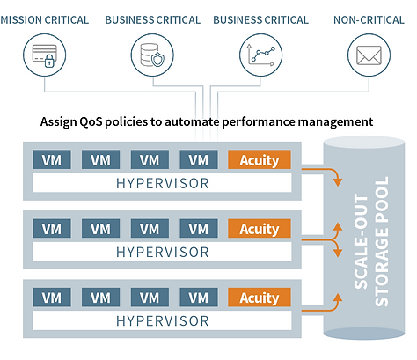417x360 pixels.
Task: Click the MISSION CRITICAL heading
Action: coord(45,20)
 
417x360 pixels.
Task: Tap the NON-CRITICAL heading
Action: coord(369,20)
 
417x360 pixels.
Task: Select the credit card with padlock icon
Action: coord(45,55)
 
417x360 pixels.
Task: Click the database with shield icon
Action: coord(152,55)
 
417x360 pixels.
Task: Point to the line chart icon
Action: coord(261,55)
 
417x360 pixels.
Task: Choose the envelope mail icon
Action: coord(369,55)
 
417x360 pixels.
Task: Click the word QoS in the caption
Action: coord(91,121)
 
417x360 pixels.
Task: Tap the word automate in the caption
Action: coord(192,121)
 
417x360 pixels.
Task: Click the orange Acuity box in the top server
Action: coord(260,159)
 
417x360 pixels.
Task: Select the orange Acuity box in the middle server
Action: coord(260,228)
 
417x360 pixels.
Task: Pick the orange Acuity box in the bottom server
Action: coord(260,298)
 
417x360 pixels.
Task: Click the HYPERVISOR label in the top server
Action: coord(163,184)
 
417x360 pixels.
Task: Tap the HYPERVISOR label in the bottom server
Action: coord(163,321)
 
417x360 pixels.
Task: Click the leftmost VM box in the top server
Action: coord(52,159)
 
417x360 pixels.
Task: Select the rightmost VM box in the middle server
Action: coord(199,228)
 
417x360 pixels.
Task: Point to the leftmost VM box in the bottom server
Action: coord(52,298)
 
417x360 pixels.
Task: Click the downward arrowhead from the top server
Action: coord(338,181)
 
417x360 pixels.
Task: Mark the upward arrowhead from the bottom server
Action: coord(338,298)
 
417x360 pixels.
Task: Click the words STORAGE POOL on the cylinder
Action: coord(382,241)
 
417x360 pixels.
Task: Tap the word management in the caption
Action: coord(335,121)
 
